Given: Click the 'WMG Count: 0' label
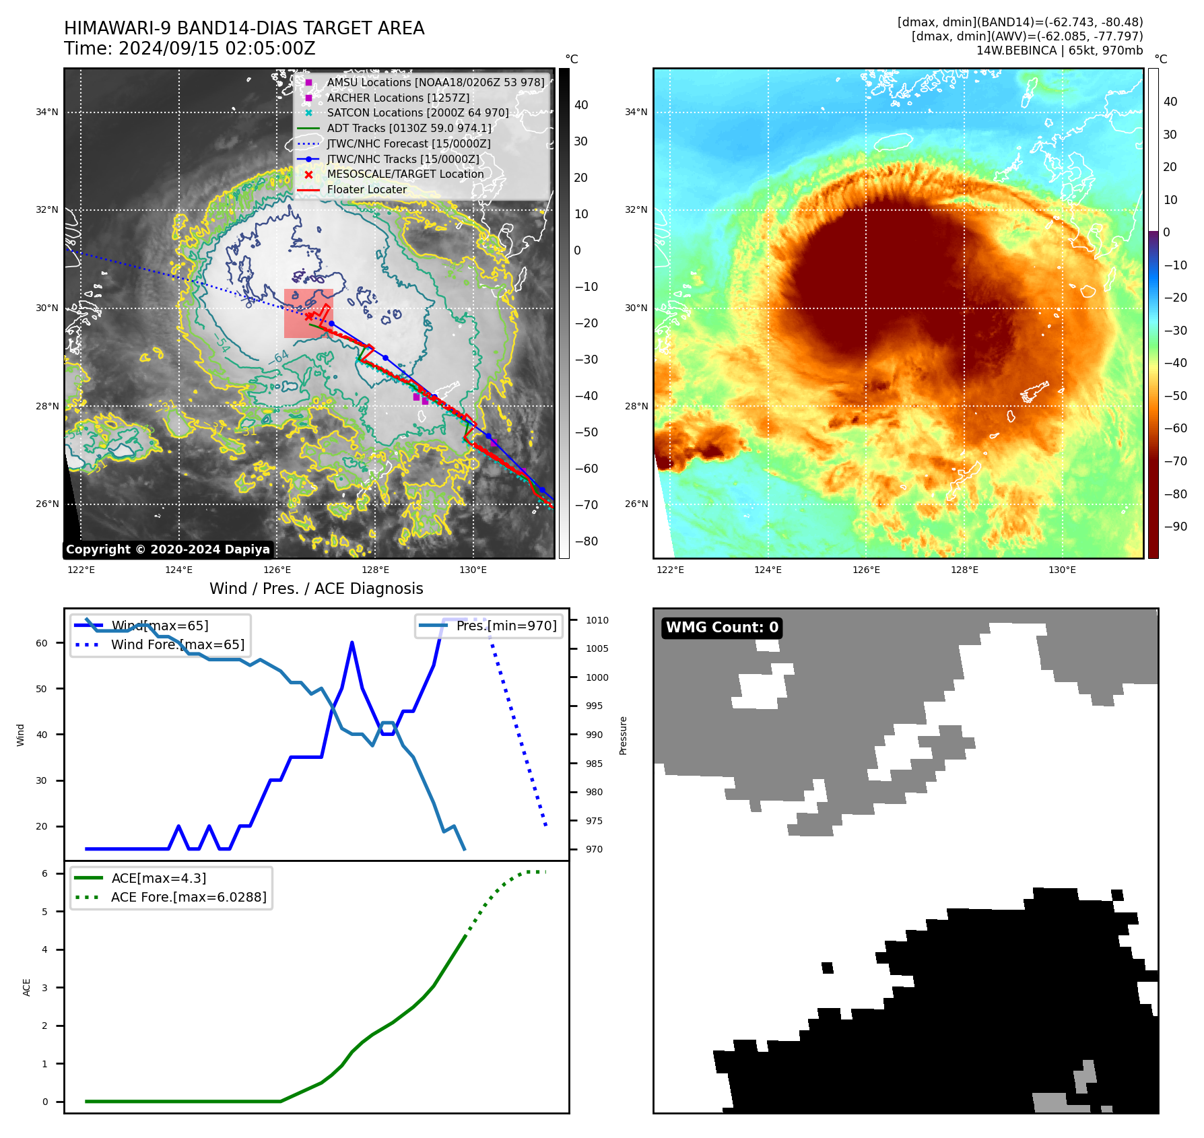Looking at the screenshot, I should (722, 628).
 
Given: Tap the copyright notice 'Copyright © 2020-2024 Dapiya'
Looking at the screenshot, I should (168, 549).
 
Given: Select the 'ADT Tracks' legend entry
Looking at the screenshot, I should (409, 128).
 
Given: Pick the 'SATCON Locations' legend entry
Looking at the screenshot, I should (417, 113).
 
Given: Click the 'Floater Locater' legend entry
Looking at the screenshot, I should (366, 190).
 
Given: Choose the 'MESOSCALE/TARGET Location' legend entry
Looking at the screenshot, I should (405, 174).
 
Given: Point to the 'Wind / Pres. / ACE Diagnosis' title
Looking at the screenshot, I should (316, 589).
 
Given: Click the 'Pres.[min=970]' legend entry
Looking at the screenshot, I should (506, 626).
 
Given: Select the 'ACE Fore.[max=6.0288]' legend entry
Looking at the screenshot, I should (189, 897).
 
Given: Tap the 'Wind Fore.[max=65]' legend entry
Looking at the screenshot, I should (178, 644).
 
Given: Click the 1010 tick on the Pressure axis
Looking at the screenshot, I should (597, 620).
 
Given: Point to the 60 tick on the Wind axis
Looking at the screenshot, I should (42, 643).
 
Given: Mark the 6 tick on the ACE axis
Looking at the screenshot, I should (44, 873).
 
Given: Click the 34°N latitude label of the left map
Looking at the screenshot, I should (47, 112).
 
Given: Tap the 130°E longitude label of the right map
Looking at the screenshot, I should (1062, 570).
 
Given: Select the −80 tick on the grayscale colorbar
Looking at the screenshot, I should (586, 541).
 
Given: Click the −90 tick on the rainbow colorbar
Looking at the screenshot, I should (1175, 527).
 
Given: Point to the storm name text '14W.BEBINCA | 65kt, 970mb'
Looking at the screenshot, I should (1059, 51).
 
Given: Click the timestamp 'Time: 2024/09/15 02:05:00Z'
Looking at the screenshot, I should (189, 49).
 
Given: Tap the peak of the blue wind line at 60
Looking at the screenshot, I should (352, 642).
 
